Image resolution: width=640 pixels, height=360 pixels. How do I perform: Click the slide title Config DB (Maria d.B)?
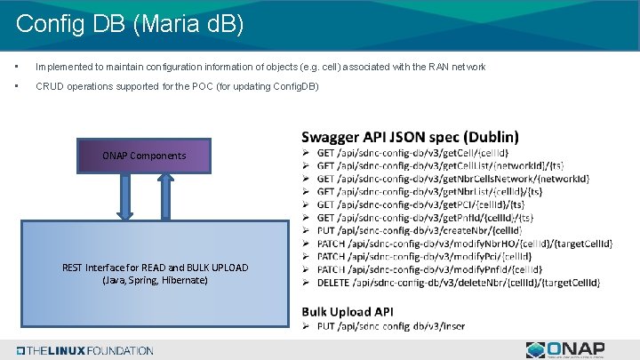pyautogui.click(x=129, y=23)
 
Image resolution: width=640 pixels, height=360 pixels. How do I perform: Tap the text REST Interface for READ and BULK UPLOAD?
pyautogui.click(x=156, y=268)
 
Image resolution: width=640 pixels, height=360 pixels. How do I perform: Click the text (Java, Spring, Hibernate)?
pyautogui.click(x=156, y=280)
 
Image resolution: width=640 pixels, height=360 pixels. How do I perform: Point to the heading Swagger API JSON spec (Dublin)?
pyautogui.click(x=410, y=137)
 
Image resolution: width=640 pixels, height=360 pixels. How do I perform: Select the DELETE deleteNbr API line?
pyautogui.click(x=459, y=283)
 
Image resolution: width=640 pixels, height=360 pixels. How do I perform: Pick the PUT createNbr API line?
pyautogui.click(x=419, y=230)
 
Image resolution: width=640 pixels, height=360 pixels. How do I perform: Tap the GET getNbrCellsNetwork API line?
pyautogui.click(x=452, y=179)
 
